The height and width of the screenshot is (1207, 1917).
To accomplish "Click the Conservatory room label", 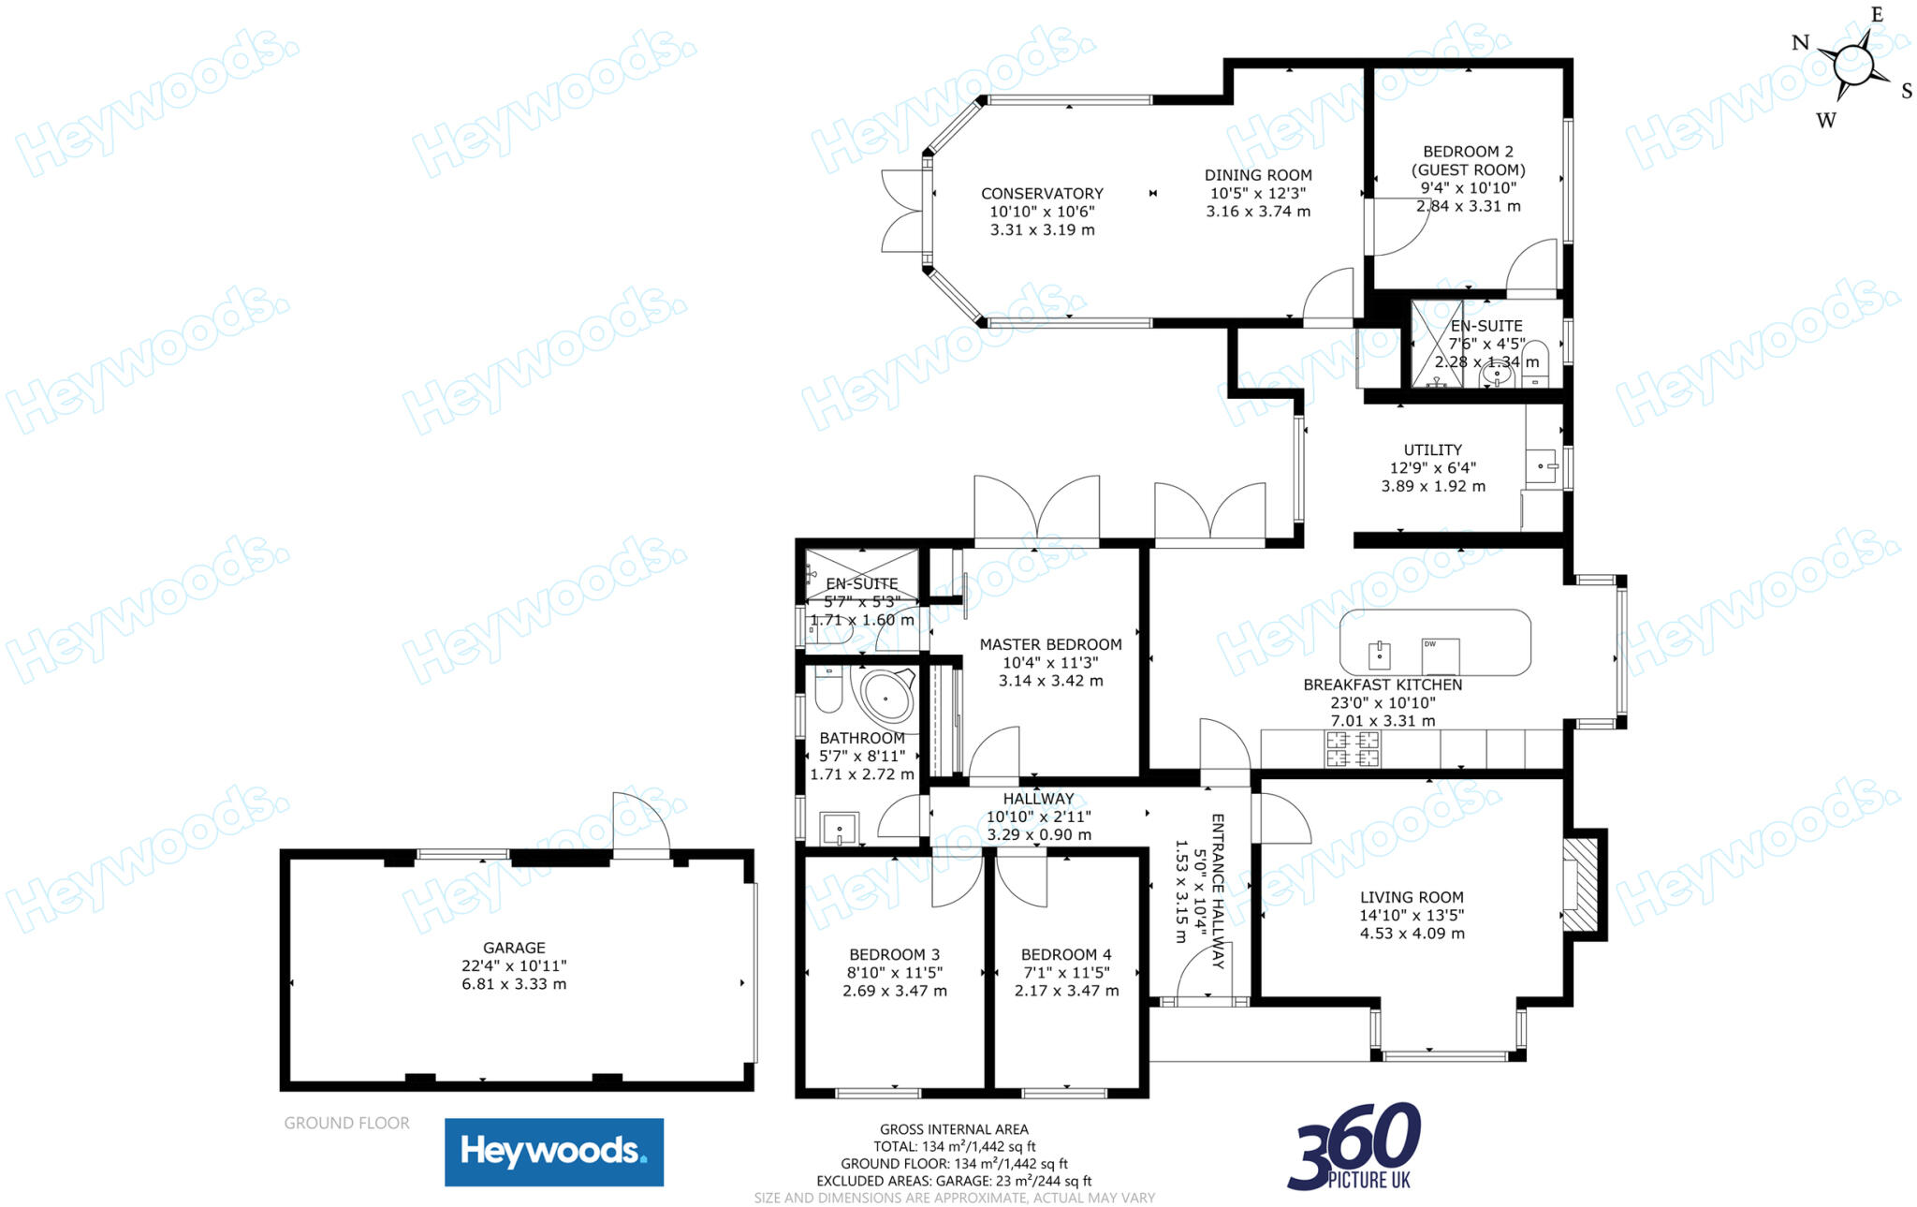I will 1042,194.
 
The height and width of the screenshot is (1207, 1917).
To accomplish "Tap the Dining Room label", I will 1258,175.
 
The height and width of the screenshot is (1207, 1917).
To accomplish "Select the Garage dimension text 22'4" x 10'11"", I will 514,965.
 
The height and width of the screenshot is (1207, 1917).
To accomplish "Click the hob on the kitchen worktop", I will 1353,749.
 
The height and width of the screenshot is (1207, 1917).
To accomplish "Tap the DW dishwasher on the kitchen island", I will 1441,655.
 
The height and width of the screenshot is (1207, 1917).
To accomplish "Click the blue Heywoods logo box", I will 554,1152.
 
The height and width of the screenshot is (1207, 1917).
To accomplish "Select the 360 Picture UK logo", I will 1354,1147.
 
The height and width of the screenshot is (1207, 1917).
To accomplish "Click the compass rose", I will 1853,66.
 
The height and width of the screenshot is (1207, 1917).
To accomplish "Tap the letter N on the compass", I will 1800,42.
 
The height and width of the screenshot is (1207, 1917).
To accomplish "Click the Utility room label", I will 1432,450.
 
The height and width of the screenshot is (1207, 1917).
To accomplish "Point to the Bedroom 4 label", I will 1066,955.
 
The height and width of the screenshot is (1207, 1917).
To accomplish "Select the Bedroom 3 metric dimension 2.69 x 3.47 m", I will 895,991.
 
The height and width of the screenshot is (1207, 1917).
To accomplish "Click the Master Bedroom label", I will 1050,644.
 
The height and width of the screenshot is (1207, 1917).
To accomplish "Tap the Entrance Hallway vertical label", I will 1218,891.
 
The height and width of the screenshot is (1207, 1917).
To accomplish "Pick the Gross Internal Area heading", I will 954,1129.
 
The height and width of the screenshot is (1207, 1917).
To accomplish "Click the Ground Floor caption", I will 346,1123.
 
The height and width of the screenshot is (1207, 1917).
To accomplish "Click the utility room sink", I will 1543,465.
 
